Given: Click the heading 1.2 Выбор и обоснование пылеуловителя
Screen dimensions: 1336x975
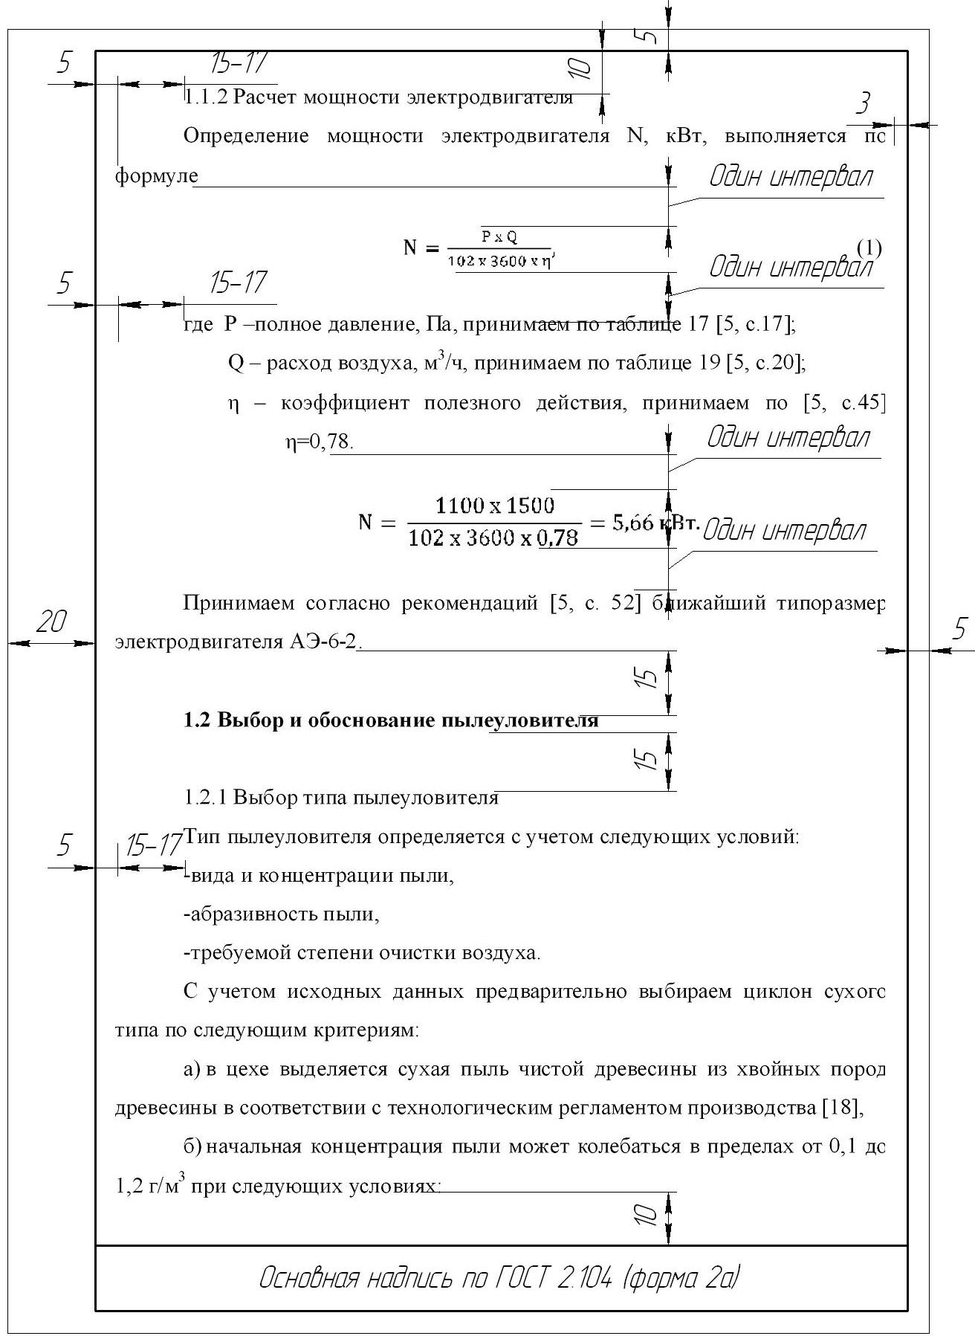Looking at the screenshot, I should click(x=391, y=720).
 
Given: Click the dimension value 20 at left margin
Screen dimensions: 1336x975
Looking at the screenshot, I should click(x=51, y=622).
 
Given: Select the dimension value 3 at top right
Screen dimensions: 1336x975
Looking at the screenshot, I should click(x=864, y=103).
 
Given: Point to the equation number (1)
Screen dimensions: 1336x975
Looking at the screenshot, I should click(x=869, y=247).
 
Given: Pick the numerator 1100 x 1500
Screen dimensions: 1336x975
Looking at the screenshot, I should click(x=494, y=506).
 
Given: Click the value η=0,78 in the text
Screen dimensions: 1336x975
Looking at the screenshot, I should click(x=320, y=442).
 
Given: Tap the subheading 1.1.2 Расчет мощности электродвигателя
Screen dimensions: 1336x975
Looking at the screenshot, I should click(x=378, y=97).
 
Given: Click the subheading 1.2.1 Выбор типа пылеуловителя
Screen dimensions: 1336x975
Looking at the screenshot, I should click(x=340, y=798).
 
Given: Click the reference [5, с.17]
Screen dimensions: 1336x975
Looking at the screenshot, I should click(x=751, y=324).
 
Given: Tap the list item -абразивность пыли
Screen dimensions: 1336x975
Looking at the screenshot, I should click(x=281, y=914).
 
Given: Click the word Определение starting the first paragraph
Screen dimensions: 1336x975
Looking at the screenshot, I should click(x=245, y=136).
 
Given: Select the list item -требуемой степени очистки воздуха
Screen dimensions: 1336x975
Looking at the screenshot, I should click(x=362, y=952).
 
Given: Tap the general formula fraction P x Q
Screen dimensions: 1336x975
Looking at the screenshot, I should click(x=499, y=237).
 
